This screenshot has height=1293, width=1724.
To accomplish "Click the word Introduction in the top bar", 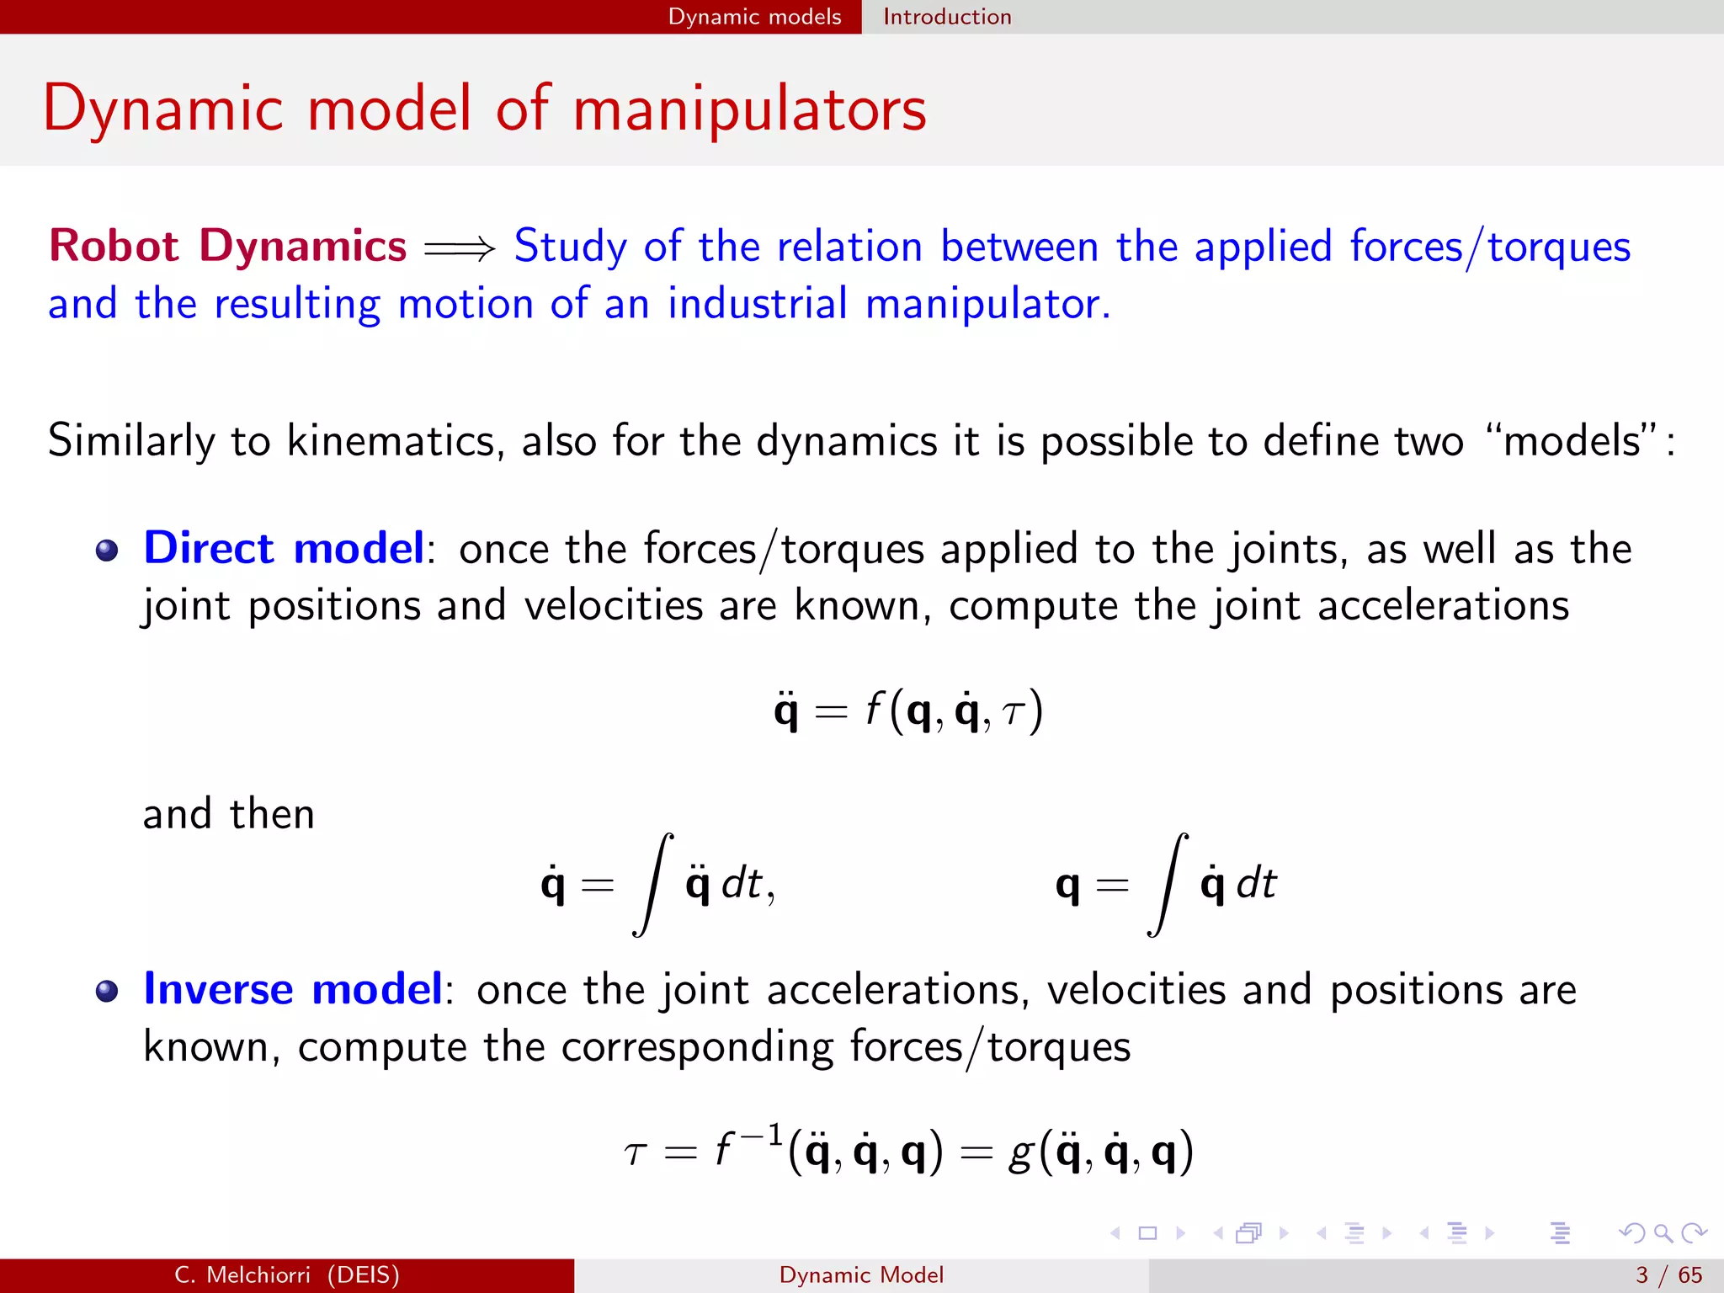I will [946, 17].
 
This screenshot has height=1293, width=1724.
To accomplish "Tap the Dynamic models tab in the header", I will [754, 17].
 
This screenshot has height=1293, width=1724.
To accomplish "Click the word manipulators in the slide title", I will [749, 109].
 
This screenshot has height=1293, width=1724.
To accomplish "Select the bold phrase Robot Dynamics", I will [227, 247].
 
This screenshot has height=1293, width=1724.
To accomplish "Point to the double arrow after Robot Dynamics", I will [460, 248].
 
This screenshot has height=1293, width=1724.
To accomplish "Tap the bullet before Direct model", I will [107, 551].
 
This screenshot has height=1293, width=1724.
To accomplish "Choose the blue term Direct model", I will [284, 549].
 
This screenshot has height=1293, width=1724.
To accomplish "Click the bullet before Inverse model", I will [107, 992].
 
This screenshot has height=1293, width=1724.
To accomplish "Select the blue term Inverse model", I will [292, 989].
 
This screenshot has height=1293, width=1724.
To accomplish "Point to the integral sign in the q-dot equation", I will [653, 884].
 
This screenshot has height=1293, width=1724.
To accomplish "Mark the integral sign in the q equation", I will [1168, 884].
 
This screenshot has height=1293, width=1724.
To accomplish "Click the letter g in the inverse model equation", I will [1020, 1153].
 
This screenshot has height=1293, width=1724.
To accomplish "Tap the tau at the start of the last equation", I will [636, 1153].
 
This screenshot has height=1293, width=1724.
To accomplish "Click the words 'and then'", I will [228, 815].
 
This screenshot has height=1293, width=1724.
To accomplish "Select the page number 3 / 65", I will [1668, 1275].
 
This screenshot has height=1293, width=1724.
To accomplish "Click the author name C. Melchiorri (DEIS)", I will [287, 1275].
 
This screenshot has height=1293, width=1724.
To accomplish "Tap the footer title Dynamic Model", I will [861, 1275].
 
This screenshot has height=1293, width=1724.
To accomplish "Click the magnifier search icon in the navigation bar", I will [1663, 1233].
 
